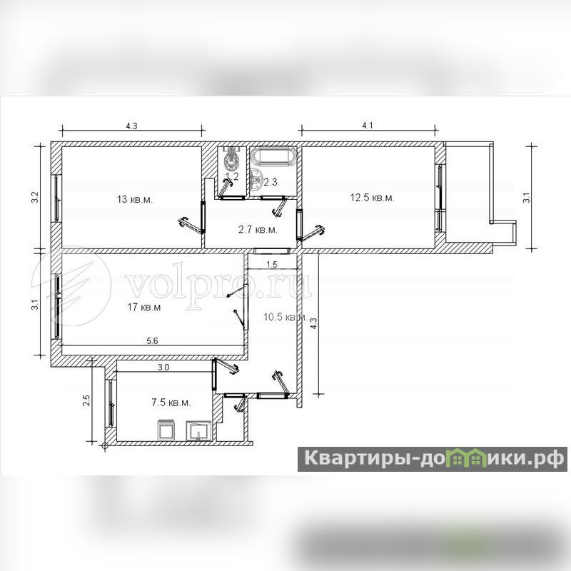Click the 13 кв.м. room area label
click(x=135, y=200)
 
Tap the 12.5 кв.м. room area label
click(x=372, y=198)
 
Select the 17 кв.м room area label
click(x=144, y=308)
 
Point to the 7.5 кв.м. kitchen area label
click(x=171, y=403)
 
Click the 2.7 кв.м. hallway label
click(x=258, y=230)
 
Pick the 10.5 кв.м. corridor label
click(x=285, y=317)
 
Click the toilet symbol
click(x=230, y=159)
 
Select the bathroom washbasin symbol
click(x=257, y=180)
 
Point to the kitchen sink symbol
click(x=198, y=430)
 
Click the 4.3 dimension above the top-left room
click(x=131, y=126)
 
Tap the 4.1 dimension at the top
click(x=368, y=126)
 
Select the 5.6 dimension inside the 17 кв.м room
click(x=152, y=341)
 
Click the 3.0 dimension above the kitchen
click(x=163, y=368)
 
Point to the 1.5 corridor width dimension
click(x=272, y=264)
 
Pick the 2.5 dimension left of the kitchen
click(x=86, y=400)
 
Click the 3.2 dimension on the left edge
click(x=35, y=198)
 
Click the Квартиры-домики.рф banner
click(x=433, y=459)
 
